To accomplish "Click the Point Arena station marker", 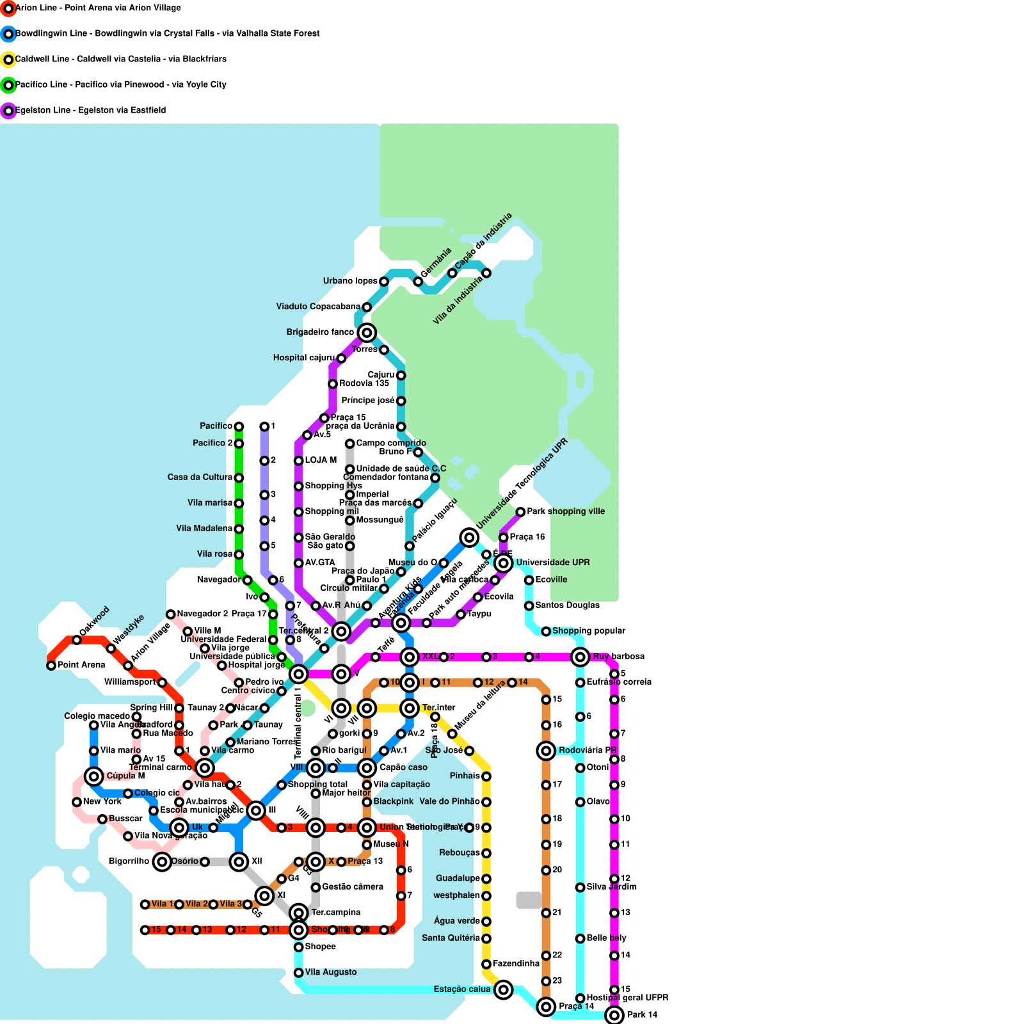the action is pos(51,666).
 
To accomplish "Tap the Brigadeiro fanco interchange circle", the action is pos(367,333).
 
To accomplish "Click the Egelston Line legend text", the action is pos(90,111).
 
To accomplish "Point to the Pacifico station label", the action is pos(216,426).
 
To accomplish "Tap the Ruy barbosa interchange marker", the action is pos(580,657).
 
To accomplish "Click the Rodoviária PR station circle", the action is pos(546,751).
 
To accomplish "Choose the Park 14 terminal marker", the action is pos(614,1015).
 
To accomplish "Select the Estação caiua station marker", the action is pos(504,989).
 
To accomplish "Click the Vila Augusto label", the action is pos(331,972).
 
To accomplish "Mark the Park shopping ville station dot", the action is pos(520,512).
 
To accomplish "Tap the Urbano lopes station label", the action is pos(350,282).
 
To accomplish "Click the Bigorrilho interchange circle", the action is pos(162,861).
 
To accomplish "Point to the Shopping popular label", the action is pos(589,631).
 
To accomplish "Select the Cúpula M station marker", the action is pos(94,776).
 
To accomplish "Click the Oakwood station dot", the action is pos(77,640).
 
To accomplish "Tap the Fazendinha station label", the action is pos(516,964).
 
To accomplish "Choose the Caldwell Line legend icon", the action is pos(8,60).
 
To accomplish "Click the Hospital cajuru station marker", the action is pos(341,358).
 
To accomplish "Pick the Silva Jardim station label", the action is pos(612,887).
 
